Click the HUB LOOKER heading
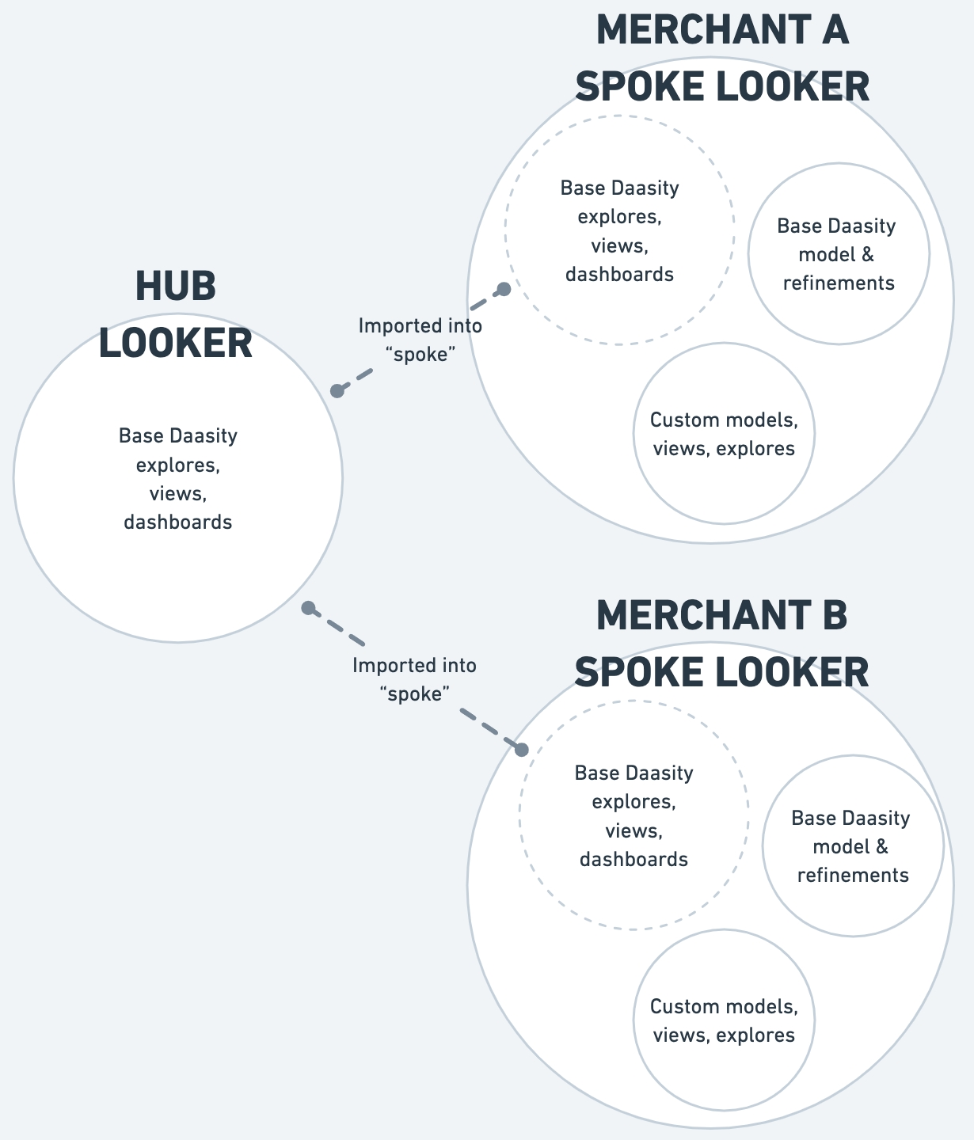pos(176,315)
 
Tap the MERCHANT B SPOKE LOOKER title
pos(721,644)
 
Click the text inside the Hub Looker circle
pos(178,479)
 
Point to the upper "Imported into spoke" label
pos(420,340)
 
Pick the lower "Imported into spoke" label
pos(415,679)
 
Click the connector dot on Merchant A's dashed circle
pos(503,289)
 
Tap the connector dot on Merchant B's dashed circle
pos(522,750)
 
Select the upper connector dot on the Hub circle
pos(337,390)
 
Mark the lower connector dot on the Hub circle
pos(309,608)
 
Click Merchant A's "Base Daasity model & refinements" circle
pos(839,254)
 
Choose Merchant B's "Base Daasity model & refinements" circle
pos(853,846)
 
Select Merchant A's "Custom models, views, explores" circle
pos(723,434)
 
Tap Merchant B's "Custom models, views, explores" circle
pos(723,1020)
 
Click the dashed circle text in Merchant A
pos(620,231)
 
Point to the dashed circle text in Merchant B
pos(634,816)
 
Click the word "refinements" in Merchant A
pos(839,283)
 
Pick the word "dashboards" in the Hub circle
pos(178,522)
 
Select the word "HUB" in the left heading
pos(176,287)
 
